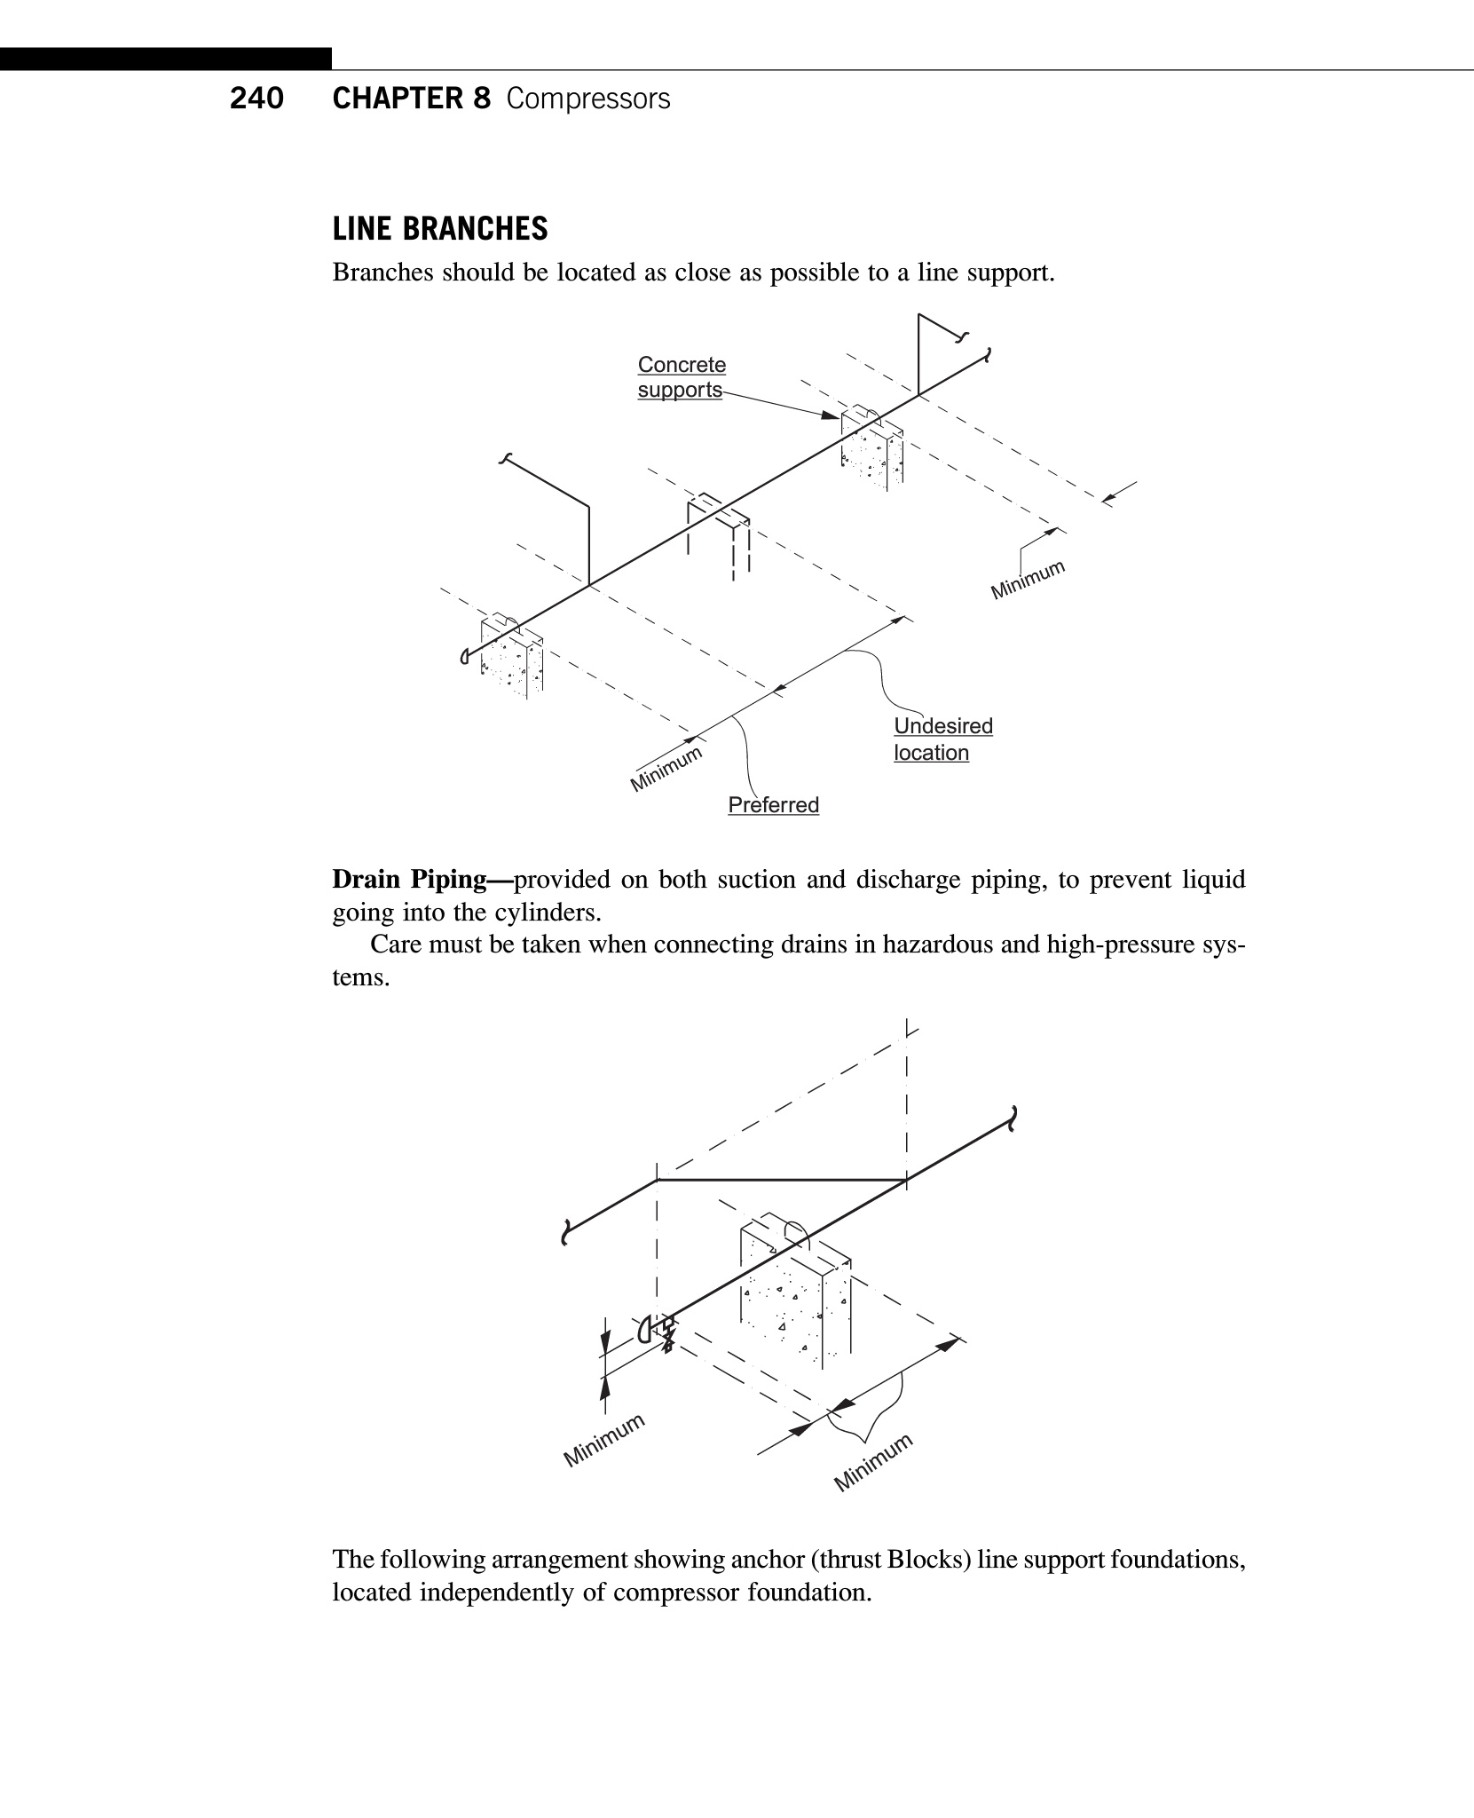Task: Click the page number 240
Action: (x=256, y=99)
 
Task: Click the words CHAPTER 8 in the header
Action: (x=411, y=99)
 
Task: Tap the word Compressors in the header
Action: (x=588, y=99)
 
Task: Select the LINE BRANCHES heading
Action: (x=440, y=229)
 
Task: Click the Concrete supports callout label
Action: (x=682, y=377)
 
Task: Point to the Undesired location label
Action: (x=942, y=739)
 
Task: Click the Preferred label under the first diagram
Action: (x=773, y=805)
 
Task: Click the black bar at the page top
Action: (x=166, y=59)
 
